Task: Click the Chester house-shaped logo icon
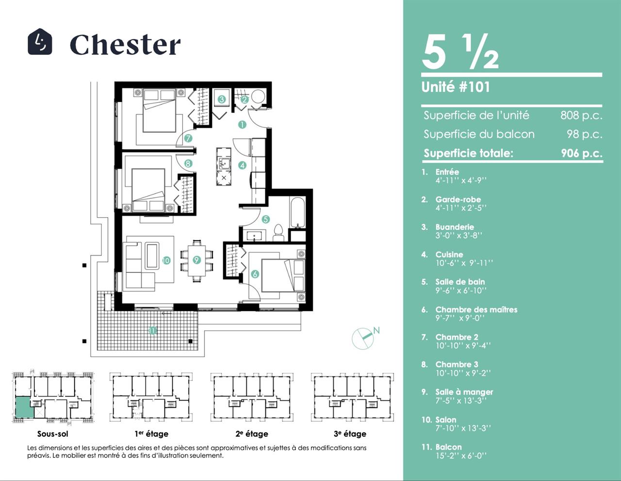[40, 42]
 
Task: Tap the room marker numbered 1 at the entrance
[242, 124]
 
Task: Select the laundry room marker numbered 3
[222, 99]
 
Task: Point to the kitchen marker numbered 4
[243, 165]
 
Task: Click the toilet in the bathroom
[278, 232]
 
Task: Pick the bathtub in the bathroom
[297, 212]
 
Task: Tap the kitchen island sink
[224, 164]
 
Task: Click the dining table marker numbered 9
[196, 260]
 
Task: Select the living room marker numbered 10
[166, 260]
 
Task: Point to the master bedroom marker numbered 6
[255, 274]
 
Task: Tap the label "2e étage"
[252, 434]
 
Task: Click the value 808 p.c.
[581, 115]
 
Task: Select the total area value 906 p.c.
[582, 154]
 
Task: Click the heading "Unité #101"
[456, 87]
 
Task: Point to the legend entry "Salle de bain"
[460, 282]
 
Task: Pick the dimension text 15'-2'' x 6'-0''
[461, 456]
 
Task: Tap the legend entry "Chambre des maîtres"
[476, 309]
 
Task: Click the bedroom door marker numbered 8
[188, 163]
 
